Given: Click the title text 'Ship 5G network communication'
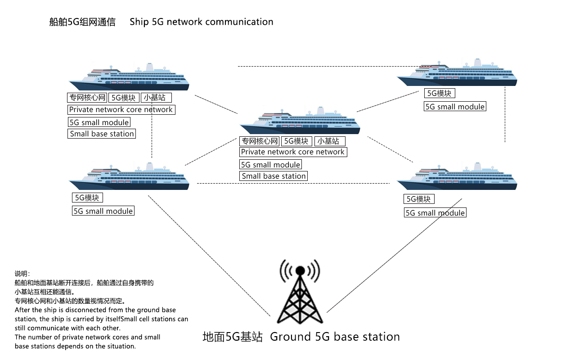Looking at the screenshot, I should coord(201,22).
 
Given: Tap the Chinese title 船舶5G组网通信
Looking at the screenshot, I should coord(82,22).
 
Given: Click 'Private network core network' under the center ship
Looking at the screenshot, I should coord(293,152).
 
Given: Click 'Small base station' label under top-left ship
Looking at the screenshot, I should coord(102,134).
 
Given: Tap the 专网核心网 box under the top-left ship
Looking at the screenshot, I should coord(87,98).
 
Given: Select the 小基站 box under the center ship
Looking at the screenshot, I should coord(329,141).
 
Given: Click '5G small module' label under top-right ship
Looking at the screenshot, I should coord(455,107).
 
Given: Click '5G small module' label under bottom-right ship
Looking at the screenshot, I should coord(435,213).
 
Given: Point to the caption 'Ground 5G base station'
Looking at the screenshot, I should coord(335,337).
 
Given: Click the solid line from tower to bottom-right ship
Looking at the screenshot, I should coord(394,255).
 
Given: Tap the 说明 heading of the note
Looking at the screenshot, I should coord(22,274).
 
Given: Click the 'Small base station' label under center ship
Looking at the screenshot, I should coord(274,176).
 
